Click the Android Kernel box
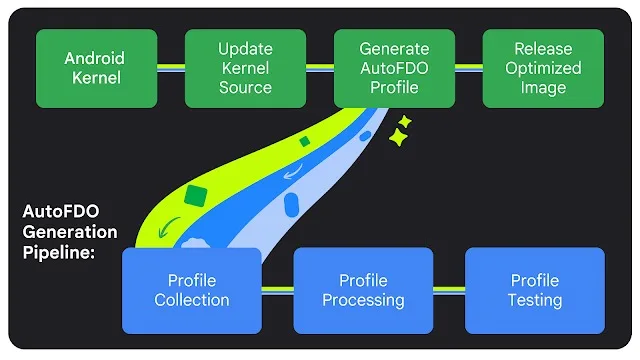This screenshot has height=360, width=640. pyautogui.click(x=97, y=68)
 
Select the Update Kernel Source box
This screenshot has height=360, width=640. pyautogui.click(x=245, y=68)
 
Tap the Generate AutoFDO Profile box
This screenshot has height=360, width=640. pyautogui.click(x=393, y=68)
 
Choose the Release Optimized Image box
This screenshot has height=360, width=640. pyautogui.click(x=543, y=68)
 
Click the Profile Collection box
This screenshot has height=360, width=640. pyautogui.click(x=191, y=290)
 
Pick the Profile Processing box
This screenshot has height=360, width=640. pyautogui.click(x=363, y=290)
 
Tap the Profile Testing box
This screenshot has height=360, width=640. pyautogui.click(x=535, y=290)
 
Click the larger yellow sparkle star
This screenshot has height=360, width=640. pyautogui.click(x=399, y=140)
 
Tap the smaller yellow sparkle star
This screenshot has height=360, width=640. pyautogui.click(x=405, y=122)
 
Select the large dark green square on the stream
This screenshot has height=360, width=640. pyautogui.click(x=197, y=195)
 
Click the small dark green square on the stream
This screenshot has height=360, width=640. pyautogui.click(x=305, y=142)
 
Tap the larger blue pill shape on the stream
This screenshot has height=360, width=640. pyautogui.click(x=292, y=206)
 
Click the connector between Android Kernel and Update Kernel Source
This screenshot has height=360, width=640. pyautogui.click(x=171, y=68)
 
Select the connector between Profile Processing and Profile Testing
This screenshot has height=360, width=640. pyautogui.click(x=449, y=290)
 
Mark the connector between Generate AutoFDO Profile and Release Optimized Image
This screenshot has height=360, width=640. pyautogui.click(x=468, y=68)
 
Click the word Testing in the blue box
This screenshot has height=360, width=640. pyautogui.click(x=535, y=300)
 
